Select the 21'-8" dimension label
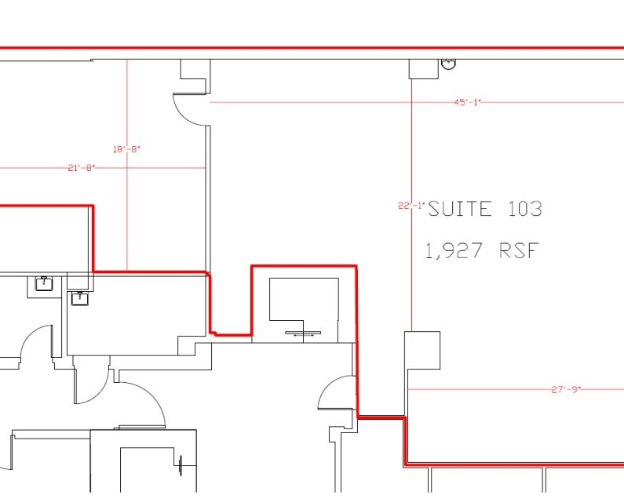(x=81, y=167)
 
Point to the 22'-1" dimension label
(x=411, y=206)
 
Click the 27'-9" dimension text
(x=564, y=388)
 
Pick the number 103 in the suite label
(x=523, y=209)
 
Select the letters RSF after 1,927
(x=519, y=251)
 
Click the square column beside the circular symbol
(x=423, y=69)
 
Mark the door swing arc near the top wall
(x=188, y=110)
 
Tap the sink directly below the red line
(x=78, y=297)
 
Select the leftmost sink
(x=45, y=283)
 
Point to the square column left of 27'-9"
(x=421, y=350)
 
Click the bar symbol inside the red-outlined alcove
(x=303, y=333)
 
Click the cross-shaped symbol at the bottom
(x=183, y=466)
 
